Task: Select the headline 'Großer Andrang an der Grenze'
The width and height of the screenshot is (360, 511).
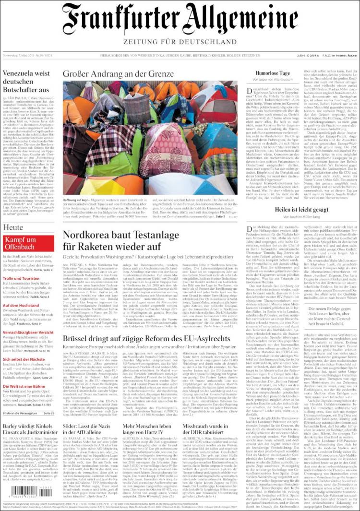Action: (118, 74)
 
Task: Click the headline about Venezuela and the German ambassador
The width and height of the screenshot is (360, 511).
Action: (26, 82)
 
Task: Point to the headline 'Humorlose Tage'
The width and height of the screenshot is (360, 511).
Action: (273, 73)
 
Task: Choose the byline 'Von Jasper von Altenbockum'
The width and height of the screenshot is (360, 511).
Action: (273, 79)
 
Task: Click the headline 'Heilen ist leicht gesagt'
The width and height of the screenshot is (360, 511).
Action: (301, 210)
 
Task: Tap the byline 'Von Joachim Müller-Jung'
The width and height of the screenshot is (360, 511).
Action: (301, 217)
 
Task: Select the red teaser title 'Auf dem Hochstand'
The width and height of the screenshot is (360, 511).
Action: (21, 306)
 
